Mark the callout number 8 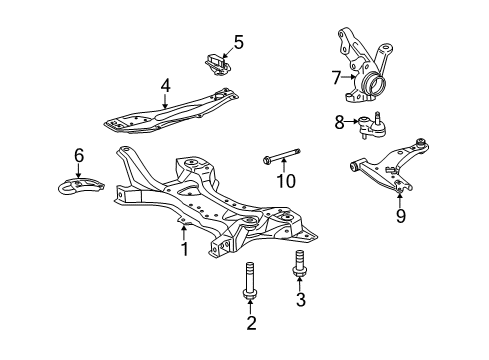point(340,123)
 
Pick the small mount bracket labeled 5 point(218,62)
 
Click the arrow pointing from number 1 point(183,232)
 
